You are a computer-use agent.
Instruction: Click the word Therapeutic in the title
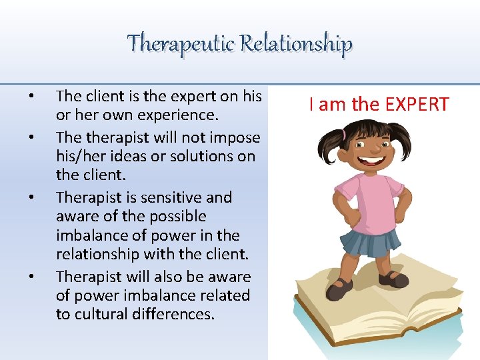pyautogui.click(x=181, y=43)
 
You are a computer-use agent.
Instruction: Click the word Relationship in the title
pyautogui.click(x=296, y=43)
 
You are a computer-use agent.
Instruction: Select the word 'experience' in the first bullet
pyautogui.click(x=178, y=115)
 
